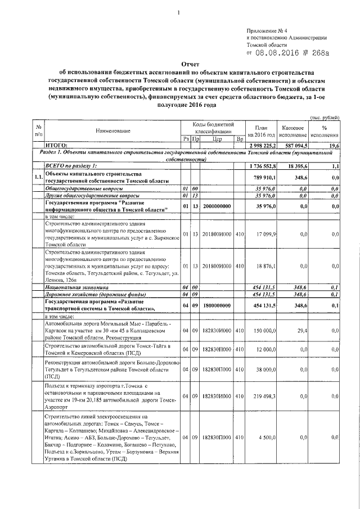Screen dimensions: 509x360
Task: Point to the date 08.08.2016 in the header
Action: coord(278,53)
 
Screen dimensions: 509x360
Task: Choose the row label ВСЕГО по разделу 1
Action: coord(71,166)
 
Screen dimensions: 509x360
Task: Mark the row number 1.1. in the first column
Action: coord(38,177)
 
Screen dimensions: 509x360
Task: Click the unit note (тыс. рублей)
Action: coord(325,116)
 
